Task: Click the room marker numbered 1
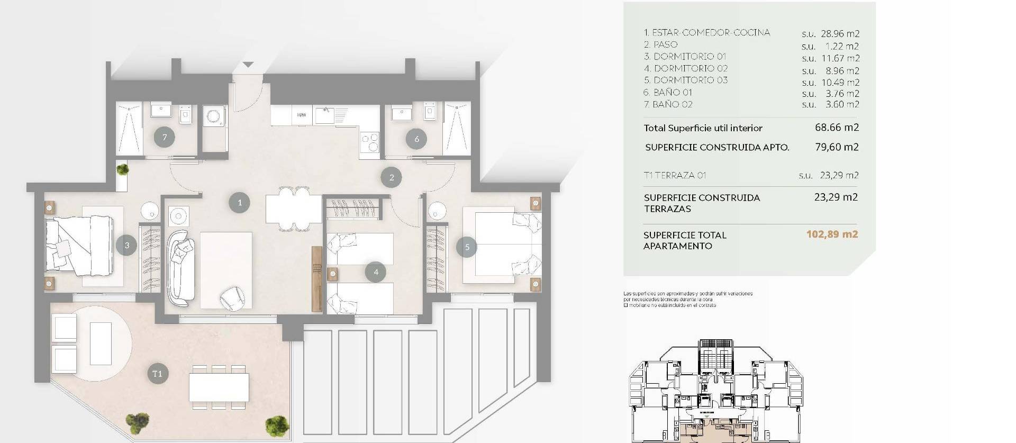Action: pos(239,202)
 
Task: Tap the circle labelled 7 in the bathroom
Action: pos(165,138)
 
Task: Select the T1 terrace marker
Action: pos(157,374)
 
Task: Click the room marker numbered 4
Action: pos(376,272)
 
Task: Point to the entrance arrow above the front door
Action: pos(248,65)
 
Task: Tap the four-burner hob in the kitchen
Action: pos(369,142)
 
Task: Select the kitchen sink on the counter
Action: pos(325,114)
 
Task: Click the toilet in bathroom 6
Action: pos(429,112)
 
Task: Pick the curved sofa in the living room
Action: pos(179,268)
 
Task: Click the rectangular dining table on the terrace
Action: pos(219,387)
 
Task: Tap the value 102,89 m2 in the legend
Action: pos(832,234)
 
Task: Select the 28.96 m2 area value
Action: pos(840,33)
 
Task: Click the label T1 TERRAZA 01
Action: pos(675,175)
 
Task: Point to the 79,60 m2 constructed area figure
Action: pos(837,147)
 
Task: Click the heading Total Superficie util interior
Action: pos(703,128)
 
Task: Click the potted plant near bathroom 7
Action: pos(122,169)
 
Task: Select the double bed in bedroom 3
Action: pos(79,246)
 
